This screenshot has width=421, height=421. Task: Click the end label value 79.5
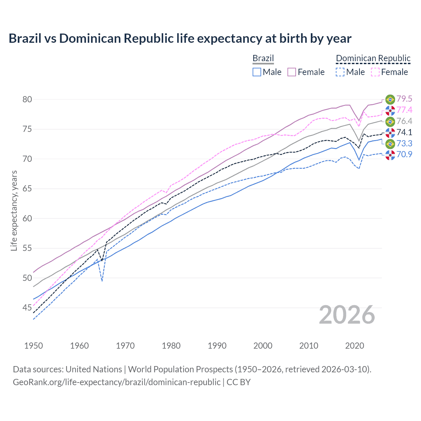coord(404,99)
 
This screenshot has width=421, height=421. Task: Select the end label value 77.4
coord(404,110)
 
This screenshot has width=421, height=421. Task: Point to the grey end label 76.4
coord(404,121)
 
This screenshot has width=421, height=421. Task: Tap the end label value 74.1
coord(404,132)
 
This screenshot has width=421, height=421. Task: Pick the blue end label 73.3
coord(404,143)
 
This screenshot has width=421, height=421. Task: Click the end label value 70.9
coord(404,154)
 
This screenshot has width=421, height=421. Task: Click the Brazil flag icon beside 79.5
coord(390,99)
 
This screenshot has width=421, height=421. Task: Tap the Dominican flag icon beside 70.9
coord(390,155)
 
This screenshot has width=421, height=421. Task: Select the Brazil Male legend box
coord(257,72)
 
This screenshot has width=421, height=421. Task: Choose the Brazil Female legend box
coord(292,72)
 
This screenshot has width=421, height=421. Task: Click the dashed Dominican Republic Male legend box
coord(340,72)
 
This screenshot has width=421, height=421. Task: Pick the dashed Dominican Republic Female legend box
coord(375,72)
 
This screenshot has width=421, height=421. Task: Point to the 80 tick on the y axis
coord(27,99)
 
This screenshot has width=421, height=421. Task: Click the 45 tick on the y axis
coord(27,308)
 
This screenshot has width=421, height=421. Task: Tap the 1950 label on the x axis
coord(34,346)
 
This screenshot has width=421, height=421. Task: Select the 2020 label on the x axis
coord(355,346)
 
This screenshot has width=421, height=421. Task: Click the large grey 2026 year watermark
coord(347,315)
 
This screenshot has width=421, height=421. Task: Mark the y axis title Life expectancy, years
coord(14,210)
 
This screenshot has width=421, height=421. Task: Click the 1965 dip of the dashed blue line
coord(102,281)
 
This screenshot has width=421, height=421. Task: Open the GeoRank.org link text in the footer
coord(116,382)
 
